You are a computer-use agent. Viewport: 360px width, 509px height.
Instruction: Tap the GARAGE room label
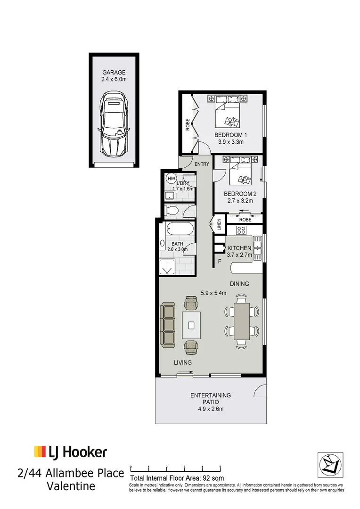114,73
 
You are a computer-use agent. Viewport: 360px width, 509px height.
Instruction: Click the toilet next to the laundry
172,210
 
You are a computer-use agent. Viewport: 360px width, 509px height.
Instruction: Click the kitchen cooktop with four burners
242,230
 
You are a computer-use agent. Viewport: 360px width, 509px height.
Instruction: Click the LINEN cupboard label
219,224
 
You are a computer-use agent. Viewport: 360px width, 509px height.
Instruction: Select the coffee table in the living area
191,325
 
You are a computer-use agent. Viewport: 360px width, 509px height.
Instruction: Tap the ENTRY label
202,164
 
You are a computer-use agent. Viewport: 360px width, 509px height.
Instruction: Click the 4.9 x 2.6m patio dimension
210,409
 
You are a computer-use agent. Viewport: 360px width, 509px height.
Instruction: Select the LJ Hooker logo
71,452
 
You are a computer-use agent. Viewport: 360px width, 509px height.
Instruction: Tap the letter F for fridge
219,262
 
